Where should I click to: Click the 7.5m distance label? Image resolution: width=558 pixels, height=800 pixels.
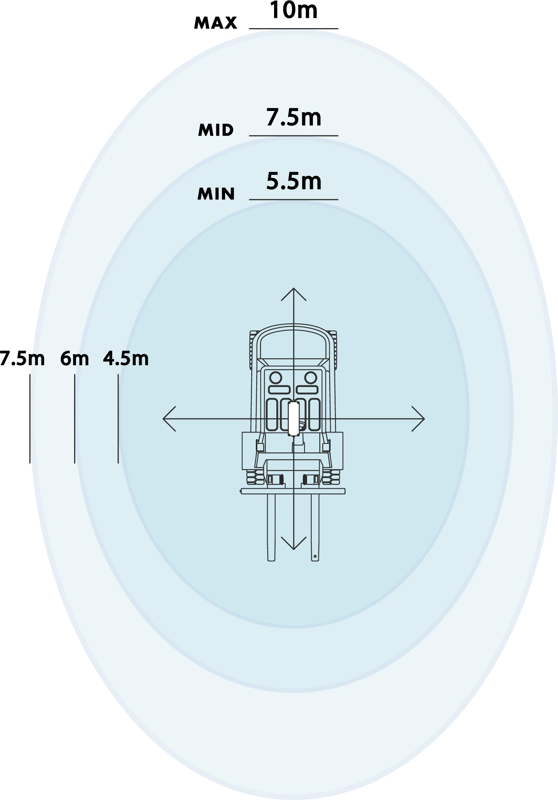[x=293, y=117]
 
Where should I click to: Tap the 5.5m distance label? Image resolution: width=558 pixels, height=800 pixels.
[x=293, y=181]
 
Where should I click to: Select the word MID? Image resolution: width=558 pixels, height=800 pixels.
[x=216, y=130]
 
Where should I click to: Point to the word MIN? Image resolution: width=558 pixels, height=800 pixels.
[x=216, y=194]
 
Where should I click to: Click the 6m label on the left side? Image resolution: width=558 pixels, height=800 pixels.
[x=75, y=359]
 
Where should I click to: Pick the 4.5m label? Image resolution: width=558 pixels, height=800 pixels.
[x=126, y=359]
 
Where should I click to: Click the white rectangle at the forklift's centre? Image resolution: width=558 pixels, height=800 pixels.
[x=293, y=418]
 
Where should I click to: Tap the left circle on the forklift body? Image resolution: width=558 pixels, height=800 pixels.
[x=276, y=378]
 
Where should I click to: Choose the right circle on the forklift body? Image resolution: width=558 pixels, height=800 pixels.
[x=311, y=378]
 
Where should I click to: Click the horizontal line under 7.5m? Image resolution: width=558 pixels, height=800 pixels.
[x=293, y=136]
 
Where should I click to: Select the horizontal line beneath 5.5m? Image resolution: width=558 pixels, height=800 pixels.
[x=293, y=200]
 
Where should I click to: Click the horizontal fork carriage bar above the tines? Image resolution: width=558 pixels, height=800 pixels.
[x=293, y=491]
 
